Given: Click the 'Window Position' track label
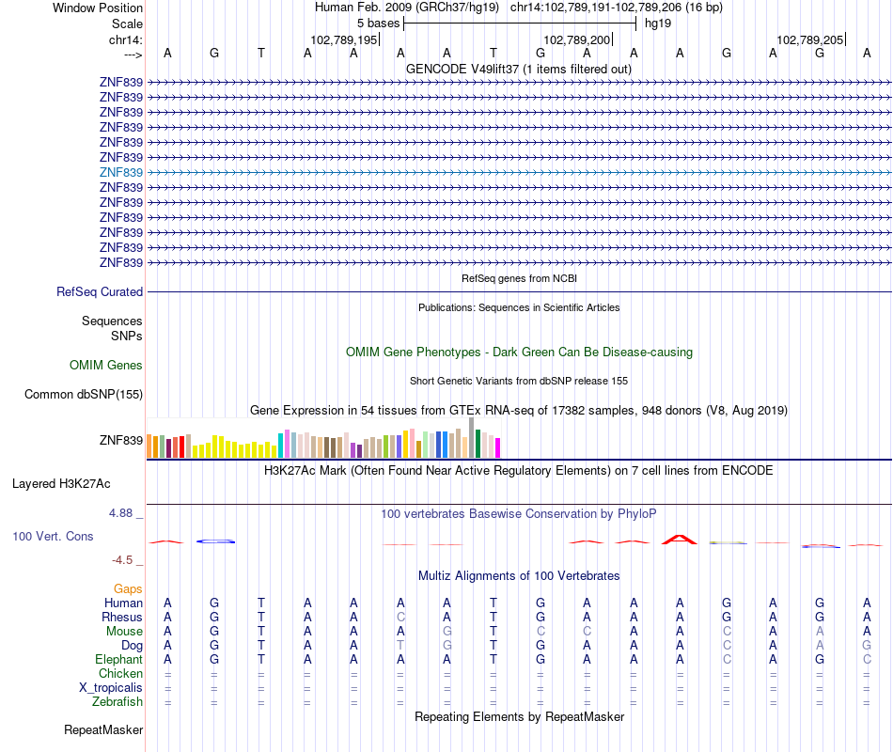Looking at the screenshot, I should (x=98, y=8).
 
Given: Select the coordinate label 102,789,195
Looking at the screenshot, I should (x=344, y=39).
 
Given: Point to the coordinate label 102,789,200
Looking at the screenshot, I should (x=577, y=39).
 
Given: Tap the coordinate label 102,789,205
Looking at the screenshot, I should (x=810, y=39).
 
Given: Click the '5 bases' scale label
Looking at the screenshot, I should (x=378, y=23).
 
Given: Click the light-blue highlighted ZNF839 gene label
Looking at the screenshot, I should (x=121, y=172).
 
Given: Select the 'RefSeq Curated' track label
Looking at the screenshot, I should (x=100, y=292).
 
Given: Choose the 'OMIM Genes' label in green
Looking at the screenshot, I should (x=106, y=366).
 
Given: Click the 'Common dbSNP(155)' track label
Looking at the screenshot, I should (x=84, y=395).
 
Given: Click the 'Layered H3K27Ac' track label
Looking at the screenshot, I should (x=61, y=484).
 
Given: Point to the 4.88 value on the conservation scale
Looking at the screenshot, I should (x=123, y=513).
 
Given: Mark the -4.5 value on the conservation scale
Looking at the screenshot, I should (x=124, y=560).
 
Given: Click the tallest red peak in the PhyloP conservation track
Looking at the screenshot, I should (x=679, y=540).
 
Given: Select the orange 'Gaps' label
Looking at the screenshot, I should (x=128, y=588).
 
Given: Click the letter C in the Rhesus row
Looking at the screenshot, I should (x=400, y=618).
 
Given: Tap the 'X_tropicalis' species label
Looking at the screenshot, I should (x=111, y=688).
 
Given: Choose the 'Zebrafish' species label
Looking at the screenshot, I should (x=117, y=702).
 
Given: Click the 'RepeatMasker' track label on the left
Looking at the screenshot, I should (x=103, y=730).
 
